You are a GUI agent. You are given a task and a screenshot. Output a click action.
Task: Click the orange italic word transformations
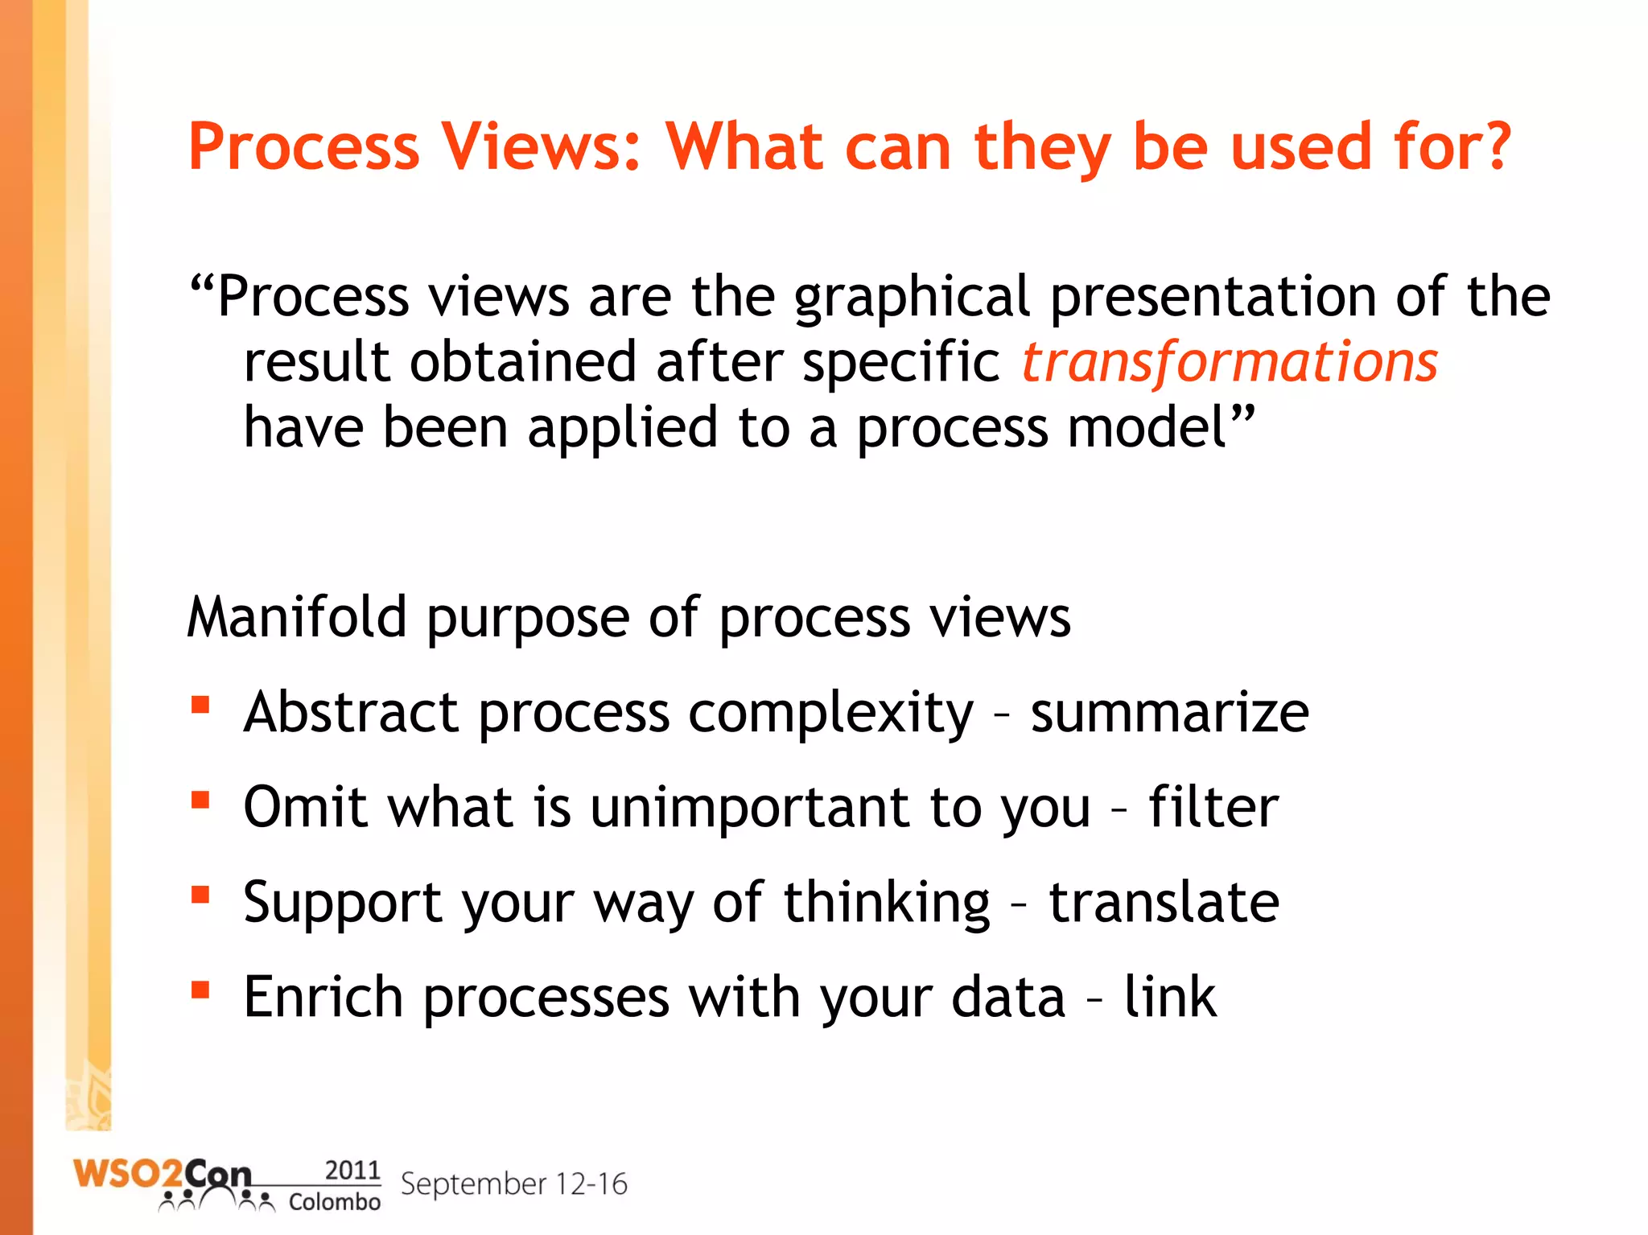tap(1229, 362)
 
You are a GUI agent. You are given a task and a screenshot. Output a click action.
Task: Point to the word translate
tap(1164, 901)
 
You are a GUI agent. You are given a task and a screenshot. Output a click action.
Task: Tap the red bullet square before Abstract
tap(200, 706)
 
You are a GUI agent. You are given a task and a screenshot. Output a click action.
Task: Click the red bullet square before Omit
tap(200, 801)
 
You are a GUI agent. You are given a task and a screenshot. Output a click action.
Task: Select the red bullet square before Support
tap(200, 895)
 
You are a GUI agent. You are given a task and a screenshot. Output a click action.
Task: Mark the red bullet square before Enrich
tap(200, 990)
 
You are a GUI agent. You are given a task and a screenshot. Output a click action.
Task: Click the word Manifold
tap(297, 617)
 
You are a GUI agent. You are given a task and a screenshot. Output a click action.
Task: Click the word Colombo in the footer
tap(334, 1202)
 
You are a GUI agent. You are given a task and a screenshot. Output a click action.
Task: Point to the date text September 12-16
tap(513, 1184)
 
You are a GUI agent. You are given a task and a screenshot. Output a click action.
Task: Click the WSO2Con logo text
tap(161, 1175)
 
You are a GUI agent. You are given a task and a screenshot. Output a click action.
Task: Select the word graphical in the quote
tap(911, 298)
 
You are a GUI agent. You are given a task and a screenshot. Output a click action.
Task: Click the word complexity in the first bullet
tap(830, 714)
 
